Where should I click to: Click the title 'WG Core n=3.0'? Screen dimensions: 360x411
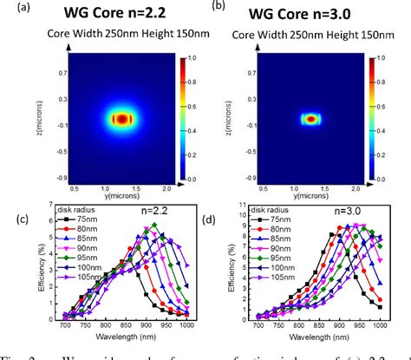click(312, 15)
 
